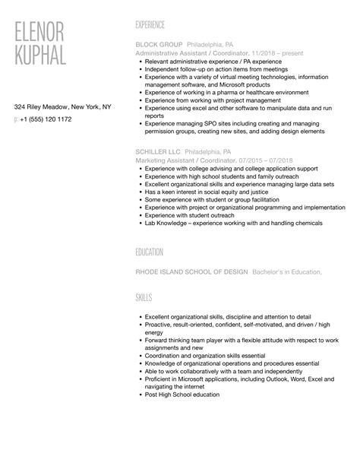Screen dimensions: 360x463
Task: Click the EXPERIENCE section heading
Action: pyautogui.click(x=150, y=25)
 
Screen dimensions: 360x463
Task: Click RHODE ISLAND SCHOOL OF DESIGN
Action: pyautogui.click(x=191, y=271)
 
